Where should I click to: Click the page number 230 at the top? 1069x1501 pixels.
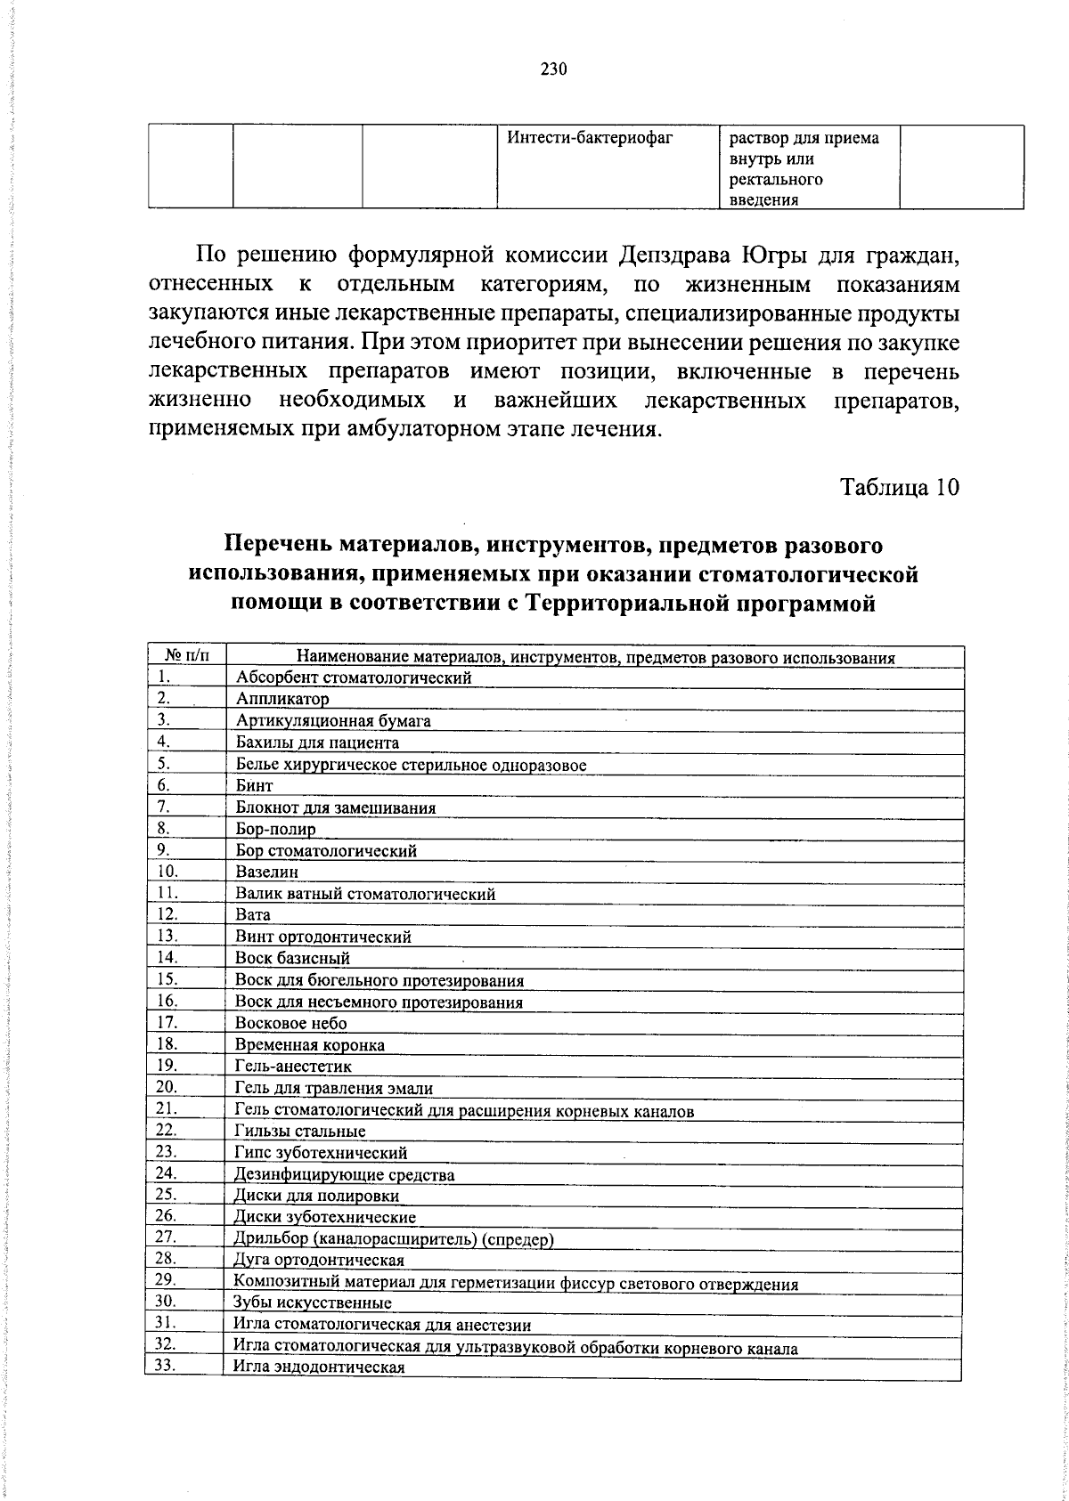tap(553, 70)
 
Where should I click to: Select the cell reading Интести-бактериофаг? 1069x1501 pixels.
tap(588, 138)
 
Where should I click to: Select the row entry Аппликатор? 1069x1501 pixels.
tap(282, 700)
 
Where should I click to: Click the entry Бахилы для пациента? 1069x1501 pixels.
tap(317, 742)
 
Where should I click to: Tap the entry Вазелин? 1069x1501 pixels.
tap(267, 872)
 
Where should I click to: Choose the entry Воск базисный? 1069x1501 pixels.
tap(292, 959)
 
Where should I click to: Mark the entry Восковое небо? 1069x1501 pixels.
tap(290, 1024)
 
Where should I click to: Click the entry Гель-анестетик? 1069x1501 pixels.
tap(293, 1067)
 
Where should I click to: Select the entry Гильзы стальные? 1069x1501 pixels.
tap(300, 1132)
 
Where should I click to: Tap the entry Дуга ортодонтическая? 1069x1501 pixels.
tap(318, 1261)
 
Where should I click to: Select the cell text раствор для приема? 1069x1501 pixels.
tap(804, 139)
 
